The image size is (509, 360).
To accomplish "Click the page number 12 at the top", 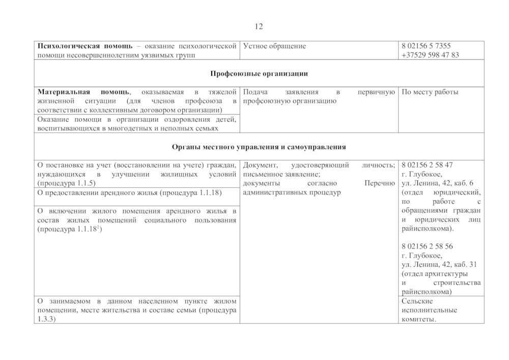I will tap(259, 26).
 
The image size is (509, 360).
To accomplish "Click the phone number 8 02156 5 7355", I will tap(426, 46).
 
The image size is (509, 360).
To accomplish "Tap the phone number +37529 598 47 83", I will tap(430, 55).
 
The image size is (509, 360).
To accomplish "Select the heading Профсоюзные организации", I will tap(259, 74).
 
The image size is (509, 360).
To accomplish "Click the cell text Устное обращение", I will tap(274, 46).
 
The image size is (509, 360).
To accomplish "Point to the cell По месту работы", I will tap(430, 92).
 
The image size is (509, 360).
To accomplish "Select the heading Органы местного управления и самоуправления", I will tap(259, 147).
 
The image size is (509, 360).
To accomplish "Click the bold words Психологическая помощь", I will tap(84, 46).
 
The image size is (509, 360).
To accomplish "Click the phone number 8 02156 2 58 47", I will tap(427, 165).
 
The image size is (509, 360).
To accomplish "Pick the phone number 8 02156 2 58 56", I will tap(427, 246).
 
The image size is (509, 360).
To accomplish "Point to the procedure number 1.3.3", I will tap(46, 319).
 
